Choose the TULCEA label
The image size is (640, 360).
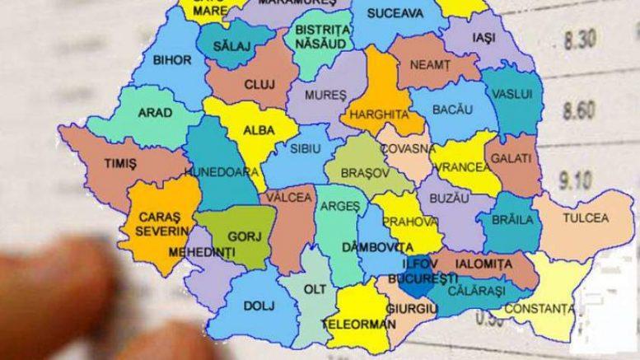(585, 218)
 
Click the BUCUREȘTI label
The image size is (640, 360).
(429, 278)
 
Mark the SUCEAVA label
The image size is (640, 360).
(395, 14)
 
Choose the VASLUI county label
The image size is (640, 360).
(512, 94)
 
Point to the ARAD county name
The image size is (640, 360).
(155, 113)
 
